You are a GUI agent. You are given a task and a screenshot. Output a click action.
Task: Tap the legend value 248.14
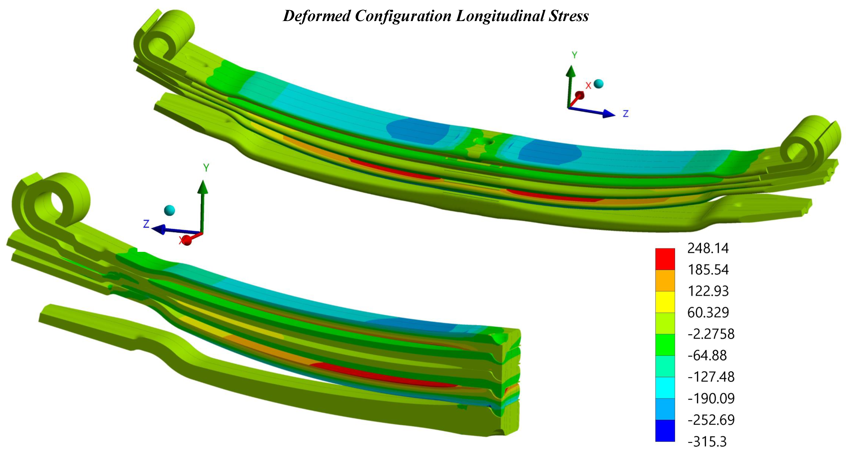point(708,248)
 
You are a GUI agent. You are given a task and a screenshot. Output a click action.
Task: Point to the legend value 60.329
point(708,312)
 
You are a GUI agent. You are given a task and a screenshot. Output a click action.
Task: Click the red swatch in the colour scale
point(665,259)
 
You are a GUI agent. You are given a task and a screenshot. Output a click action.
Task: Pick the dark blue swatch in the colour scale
point(665,430)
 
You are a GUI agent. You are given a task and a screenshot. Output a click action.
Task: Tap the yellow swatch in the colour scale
point(665,302)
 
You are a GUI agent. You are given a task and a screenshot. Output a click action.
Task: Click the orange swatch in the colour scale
point(665,280)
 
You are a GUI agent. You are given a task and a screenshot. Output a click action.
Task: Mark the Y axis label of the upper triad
point(575,55)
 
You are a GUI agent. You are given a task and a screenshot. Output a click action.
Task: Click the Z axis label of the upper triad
point(625,114)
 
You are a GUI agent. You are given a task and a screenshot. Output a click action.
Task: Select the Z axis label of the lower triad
point(146,224)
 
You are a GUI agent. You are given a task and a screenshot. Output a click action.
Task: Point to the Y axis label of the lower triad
point(206,168)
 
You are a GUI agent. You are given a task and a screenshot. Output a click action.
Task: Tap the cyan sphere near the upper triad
point(599,83)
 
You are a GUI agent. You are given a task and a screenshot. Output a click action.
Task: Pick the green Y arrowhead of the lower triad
point(203,187)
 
